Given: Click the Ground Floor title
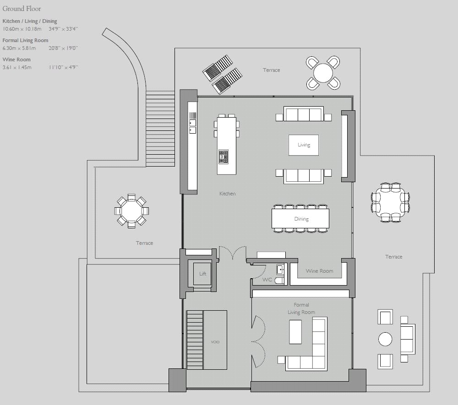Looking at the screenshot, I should coord(22,8).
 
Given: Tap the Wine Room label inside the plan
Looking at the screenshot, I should coord(319,271).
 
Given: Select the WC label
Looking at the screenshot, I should coord(267,279).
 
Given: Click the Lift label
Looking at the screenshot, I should coord(202,274).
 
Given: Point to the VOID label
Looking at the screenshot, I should coord(215,342).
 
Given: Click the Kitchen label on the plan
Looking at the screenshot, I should coord(227,194).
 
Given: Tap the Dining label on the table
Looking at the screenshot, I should coord(301,219).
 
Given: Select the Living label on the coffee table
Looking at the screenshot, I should coord(304,145).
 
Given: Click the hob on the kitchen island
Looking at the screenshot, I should coord(224,157).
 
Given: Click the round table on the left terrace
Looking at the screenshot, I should coord(131,211).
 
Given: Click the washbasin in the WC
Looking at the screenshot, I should coord(280,270).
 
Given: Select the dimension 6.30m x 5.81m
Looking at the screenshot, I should coord(19,48).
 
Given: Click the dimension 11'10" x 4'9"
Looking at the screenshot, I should coord(63,67).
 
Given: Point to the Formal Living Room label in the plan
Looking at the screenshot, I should coord(301,308).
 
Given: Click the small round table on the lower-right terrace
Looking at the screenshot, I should coord(385,339).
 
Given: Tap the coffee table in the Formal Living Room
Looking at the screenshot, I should coord(295,331).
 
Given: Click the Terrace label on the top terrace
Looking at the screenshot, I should coord(271,70).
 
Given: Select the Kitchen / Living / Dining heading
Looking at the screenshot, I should coord(30,21).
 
